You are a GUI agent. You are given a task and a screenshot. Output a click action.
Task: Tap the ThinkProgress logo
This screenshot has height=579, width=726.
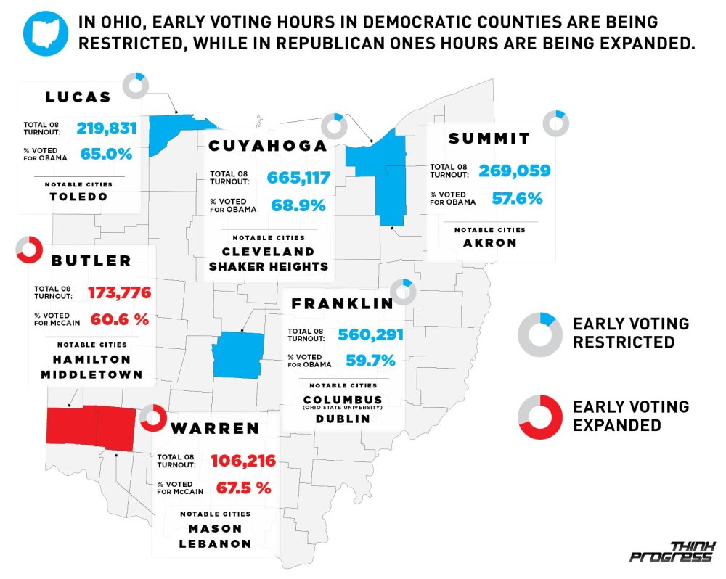tap(672, 551)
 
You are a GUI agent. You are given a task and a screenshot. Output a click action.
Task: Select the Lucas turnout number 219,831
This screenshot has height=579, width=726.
tap(107, 128)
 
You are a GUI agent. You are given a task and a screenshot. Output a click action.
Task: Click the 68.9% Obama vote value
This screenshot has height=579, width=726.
tap(298, 205)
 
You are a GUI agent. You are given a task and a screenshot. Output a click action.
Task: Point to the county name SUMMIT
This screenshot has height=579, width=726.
tap(489, 139)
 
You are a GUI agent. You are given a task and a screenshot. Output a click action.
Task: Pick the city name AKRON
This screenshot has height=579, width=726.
tap(490, 243)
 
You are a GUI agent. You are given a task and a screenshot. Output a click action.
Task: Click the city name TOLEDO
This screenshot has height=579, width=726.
tap(78, 197)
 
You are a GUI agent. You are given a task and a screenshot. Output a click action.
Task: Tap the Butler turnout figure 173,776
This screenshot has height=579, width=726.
tap(119, 293)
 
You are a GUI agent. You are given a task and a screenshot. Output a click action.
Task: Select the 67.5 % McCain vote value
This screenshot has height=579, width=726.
tap(244, 488)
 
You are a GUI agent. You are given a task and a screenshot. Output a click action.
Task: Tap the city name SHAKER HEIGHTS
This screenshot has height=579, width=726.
tap(269, 266)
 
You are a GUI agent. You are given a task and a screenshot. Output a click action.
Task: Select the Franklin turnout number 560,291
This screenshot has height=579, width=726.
tap(370, 335)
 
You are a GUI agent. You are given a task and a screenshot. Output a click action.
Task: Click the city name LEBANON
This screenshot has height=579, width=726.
tap(215, 543)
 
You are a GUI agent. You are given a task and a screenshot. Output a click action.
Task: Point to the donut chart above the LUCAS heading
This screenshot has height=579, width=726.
tap(135, 85)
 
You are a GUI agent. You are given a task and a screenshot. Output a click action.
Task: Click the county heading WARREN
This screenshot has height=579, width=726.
tap(215, 428)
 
